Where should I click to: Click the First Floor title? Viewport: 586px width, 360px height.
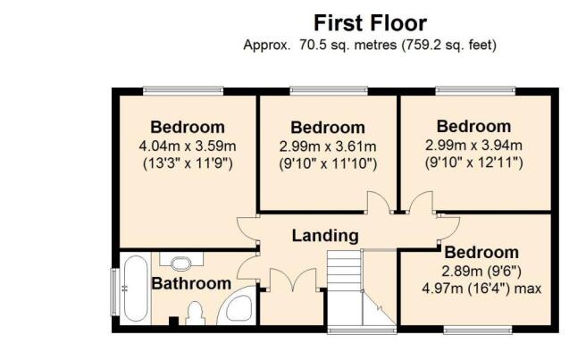[370, 23]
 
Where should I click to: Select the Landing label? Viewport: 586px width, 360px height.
[325, 236]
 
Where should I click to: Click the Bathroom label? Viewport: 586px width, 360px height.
[191, 283]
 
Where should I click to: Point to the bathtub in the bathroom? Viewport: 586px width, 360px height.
[135, 289]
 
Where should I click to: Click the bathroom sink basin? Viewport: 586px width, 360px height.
[181, 264]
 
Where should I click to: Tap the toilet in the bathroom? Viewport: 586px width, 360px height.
[195, 314]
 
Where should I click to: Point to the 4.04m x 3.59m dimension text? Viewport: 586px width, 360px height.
[188, 146]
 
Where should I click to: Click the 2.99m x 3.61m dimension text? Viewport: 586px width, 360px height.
[328, 147]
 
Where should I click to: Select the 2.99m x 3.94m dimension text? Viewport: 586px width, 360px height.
[473, 145]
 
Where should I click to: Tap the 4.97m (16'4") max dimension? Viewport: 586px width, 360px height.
[481, 289]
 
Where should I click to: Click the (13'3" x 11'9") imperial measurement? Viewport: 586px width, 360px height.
[188, 163]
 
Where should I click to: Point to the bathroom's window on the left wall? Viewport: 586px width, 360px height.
[114, 291]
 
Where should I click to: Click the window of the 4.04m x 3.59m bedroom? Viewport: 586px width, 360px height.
[183, 90]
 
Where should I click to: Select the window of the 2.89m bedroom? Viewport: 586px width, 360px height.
[478, 330]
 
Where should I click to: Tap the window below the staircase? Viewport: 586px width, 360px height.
[362, 330]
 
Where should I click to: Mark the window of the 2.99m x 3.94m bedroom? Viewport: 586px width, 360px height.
[475, 90]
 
